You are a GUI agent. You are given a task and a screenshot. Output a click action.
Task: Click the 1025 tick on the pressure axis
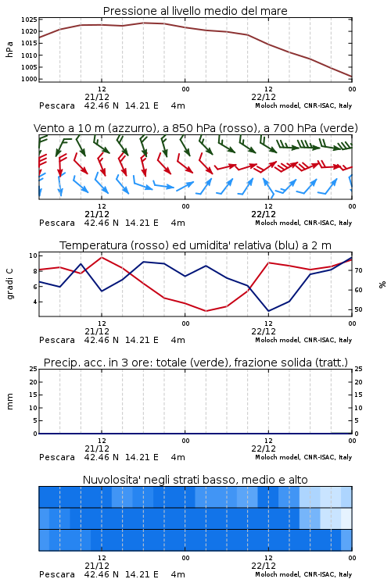click(x=29, y=20)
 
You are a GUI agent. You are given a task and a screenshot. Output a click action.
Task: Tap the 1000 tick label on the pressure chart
click(x=29, y=79)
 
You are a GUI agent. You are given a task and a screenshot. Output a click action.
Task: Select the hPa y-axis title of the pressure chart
click(x=9, y=49)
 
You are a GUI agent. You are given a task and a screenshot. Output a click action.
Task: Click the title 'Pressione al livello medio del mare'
click(x=195, y=11)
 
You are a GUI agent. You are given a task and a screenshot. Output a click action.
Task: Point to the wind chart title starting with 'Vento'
click(x=195, y=128)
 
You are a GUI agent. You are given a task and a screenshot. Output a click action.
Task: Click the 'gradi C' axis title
click(x=9, y=284)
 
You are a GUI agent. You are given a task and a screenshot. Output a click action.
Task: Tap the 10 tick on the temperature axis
click(x=33, y=255)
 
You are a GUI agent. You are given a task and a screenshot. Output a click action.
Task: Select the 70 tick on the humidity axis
click(x=358, y=270)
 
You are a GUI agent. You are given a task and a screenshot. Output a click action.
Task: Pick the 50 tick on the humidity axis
click(x=358, y=309)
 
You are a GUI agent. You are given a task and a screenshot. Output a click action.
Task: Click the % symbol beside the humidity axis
click(x=382, y=284)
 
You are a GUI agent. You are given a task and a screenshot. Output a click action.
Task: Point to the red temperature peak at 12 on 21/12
click(x=102, y=257)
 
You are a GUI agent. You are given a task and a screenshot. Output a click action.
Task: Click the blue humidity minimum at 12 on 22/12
click(x=268, y=311)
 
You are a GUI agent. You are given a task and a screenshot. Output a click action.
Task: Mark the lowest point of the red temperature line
click(x=206, y=311)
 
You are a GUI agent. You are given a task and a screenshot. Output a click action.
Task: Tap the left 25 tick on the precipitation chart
click(x=33, y=369)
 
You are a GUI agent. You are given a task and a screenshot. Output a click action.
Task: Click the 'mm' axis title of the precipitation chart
click(x=9, y=402)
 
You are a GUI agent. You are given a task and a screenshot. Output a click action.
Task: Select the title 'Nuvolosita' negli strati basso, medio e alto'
click(x=195, y=480)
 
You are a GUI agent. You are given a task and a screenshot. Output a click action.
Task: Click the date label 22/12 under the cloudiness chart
click(x=264, y=566)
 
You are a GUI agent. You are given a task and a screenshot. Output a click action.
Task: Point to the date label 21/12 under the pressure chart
click(x=97, y=97)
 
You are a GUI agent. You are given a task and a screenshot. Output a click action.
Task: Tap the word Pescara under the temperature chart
click(x=57, y=340)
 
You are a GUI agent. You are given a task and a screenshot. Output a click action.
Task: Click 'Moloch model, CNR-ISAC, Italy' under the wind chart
click(x=303, y=223)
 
